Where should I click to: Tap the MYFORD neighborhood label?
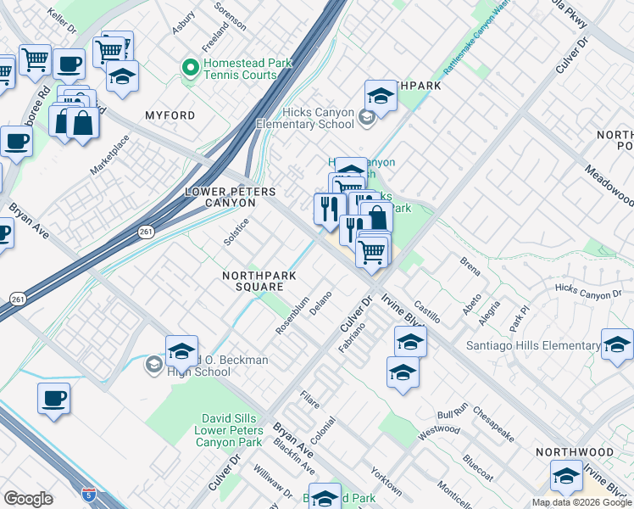tap(170, 115)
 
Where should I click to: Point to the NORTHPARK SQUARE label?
tap(252, 281)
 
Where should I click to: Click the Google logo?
tap(28, 499)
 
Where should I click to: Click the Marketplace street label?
tap(110, 154)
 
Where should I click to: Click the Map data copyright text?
tap(580, 502)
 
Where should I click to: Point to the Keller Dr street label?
tap(62, 15)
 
